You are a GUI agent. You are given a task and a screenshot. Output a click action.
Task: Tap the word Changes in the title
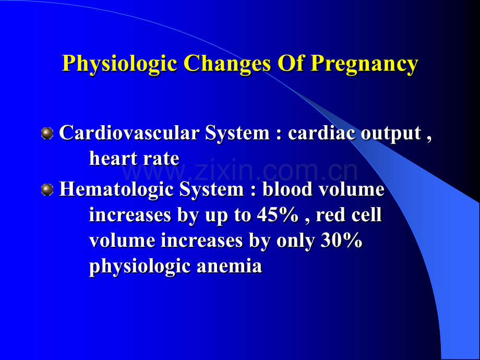[x=227, y=64]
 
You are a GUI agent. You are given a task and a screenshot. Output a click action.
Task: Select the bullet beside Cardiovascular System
[x=47, y=134]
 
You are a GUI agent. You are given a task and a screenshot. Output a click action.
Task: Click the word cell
[x=368, y=215]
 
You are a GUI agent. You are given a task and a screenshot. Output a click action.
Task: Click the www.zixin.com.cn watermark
[x=240, y=170]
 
